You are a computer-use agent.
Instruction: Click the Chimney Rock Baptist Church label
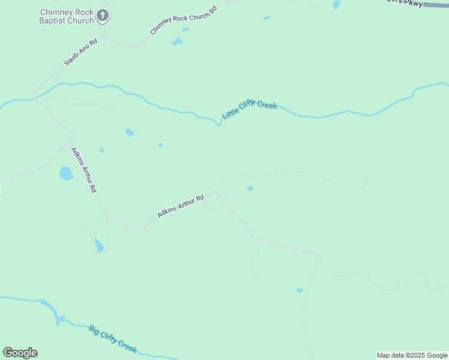(67, 16)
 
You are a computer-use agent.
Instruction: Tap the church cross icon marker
(103, 16)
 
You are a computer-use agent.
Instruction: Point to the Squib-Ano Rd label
(80, 53)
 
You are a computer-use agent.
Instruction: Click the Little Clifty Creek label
(249, 110)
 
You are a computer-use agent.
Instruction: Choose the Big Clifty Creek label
(113, 338)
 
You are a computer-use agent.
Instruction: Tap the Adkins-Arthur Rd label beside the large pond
(84, 169)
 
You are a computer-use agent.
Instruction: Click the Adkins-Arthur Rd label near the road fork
(181, 205)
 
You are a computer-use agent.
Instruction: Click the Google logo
(20, 353)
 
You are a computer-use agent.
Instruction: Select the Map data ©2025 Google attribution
(412, 355)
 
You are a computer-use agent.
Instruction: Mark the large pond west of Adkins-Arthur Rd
(66, 173)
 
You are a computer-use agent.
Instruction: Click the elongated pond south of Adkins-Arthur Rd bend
(99, 245)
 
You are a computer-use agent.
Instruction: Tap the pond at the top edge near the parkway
(337, 5)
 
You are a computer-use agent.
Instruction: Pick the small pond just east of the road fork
(250, 188)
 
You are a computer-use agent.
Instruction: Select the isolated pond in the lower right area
(300, 290)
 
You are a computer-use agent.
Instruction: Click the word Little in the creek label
(231, 113)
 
